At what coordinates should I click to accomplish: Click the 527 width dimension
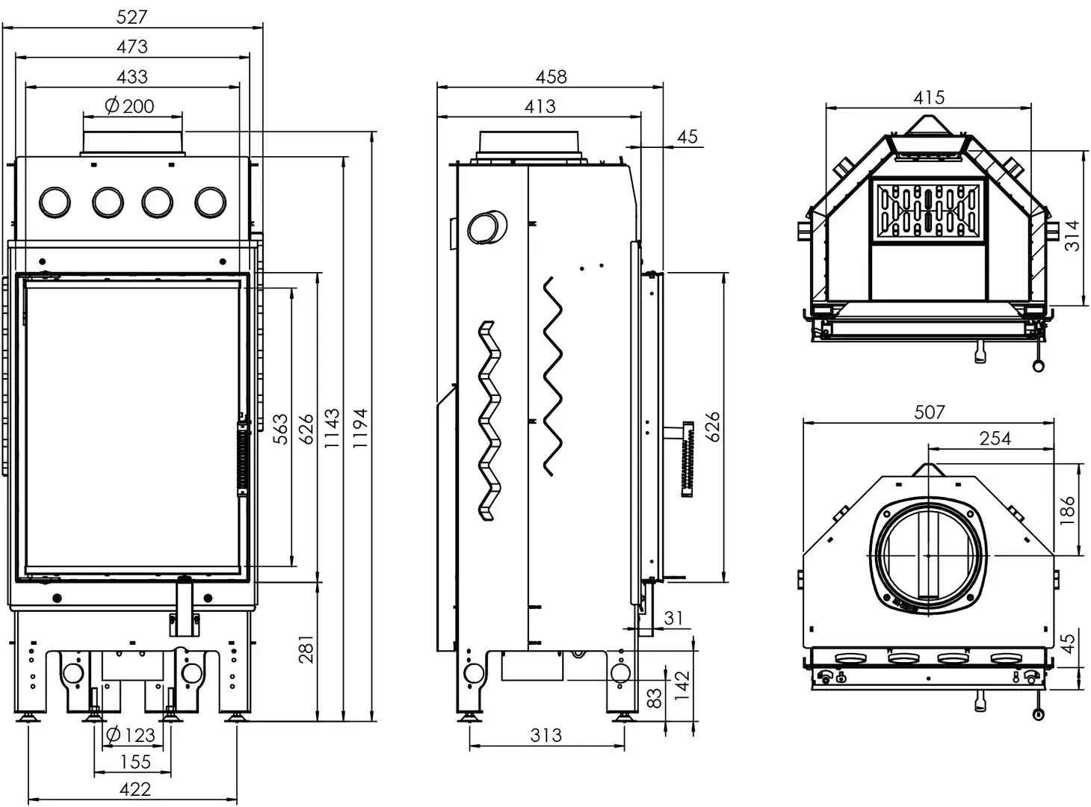[132, 16]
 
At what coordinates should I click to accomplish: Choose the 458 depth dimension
[551, 76]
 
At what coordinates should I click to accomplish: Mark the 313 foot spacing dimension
[545, 735]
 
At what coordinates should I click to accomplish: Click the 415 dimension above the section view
[929, 97]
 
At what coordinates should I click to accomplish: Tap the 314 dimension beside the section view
[1072, 235]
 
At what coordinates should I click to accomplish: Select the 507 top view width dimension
[929, 412]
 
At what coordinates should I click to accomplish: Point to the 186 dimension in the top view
[1067, 507]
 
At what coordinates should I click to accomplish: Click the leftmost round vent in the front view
[55, 202]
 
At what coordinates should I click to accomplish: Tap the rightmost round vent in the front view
[210, 202]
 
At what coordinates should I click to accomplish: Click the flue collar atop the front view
[132, 143]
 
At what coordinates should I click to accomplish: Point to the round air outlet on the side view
[486, 226]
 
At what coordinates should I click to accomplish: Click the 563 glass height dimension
[280, 428]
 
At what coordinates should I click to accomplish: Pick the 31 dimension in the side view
[673, 618]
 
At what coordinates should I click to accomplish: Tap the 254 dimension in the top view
[995, 439]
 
